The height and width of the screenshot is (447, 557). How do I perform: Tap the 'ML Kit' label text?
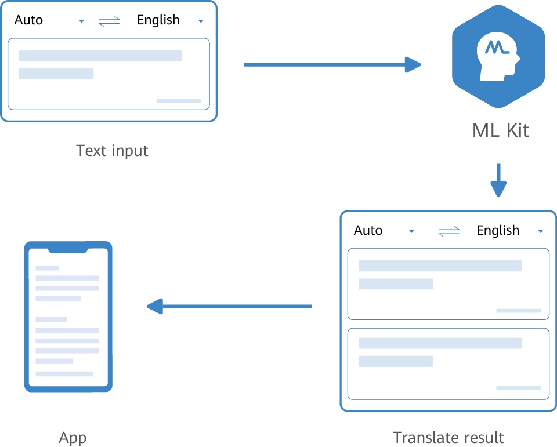[x=500, y=130]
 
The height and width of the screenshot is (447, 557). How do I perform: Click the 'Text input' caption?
[x=112, y=151]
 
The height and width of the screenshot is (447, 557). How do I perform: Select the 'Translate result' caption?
[x=449, y=437]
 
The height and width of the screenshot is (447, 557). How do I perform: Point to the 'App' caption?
[x=73, y=438]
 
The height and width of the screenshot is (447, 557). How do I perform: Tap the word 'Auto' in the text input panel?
[x=28, y=20]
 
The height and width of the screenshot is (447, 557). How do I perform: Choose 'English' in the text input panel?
[x=158, y=20]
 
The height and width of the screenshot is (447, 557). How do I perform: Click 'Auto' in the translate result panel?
[x=368, y=231]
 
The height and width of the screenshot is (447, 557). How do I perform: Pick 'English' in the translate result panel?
[x=498, y=231]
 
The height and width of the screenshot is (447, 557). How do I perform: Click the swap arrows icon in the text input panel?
[x=109, y=21]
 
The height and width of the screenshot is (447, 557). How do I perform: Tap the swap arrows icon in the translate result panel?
[x=449, y=232]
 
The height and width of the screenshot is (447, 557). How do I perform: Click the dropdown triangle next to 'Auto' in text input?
[x=81, y=21]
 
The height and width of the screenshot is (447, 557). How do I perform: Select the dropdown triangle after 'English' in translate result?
[x=541, y=232]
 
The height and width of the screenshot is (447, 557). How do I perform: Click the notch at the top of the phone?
[x=68, y=249]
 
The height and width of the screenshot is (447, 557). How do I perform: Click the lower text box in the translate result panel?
[x=448, y=364]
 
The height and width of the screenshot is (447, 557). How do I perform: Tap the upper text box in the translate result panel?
[x=448, y=284]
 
